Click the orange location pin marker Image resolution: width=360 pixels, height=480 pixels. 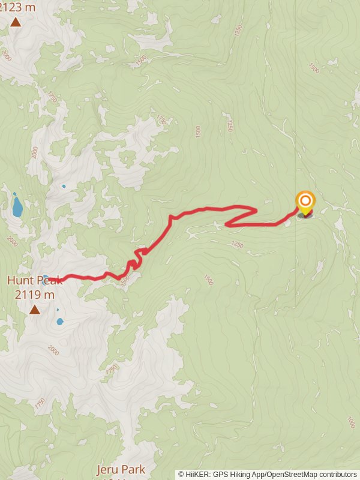(305, 203)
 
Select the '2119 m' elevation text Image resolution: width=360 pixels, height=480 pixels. (34, 295)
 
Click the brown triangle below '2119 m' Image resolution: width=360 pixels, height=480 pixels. (35, 310)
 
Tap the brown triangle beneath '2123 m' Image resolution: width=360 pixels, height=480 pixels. (15, 23)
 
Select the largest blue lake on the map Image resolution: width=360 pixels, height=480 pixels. (17, 207)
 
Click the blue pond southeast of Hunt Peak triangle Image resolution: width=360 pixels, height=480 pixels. (59, 322)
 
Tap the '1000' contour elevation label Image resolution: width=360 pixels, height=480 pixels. (351, 422)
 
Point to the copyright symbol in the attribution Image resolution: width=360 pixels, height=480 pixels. (181, 475)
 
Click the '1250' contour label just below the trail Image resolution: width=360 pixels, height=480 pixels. (237, 244)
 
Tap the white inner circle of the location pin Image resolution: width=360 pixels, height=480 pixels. (305, 200)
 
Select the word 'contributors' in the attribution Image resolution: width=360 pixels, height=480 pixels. (337, 475)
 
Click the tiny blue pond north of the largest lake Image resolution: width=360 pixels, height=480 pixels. (64, 186)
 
